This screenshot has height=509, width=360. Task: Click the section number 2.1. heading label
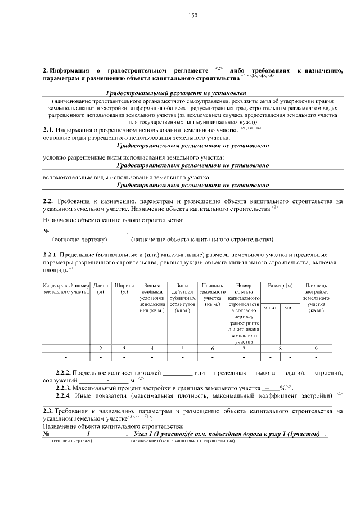click(x=48, y=130)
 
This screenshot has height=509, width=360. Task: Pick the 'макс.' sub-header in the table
click(x=271, y=308)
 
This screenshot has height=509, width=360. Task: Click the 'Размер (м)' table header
click(x=280, y=286)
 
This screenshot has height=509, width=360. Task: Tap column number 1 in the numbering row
click(x=66, y=349)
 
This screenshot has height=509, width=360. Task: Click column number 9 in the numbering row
click(x=316, y=349)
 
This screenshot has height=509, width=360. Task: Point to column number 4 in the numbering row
click(x=152, y=349)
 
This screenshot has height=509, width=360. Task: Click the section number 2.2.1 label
click(x=51, y=255)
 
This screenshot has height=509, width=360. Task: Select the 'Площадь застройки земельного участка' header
click(x=316, y=298)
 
